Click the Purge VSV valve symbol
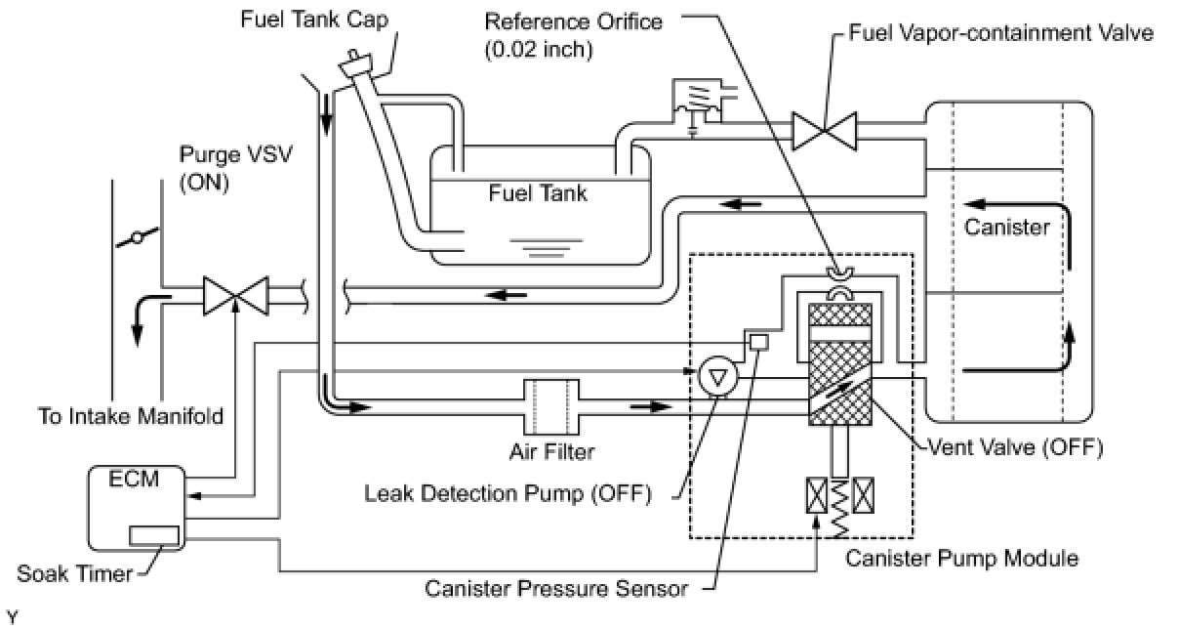(x=236, y=296)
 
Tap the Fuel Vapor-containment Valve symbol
(x=825, y=131)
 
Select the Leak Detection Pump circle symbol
(x=718, y=376)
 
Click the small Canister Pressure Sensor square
(x=758, y=343)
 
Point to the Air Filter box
(x=551, y=406)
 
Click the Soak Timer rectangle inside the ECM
(x=153, y=536)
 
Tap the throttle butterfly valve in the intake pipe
(x=137, y=238)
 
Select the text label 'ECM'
(x=134, y=480)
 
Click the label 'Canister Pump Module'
(x=961, y=559)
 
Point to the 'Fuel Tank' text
(x=538, y=192)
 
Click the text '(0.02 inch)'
(x=539, y=50)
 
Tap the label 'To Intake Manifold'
(x=131, y=416)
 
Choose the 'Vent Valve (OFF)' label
(x=1015, y=447)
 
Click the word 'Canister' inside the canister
(x=1007, y=227)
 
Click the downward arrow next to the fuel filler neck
(x=326, y=115)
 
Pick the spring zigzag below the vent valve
(x=840, y=508)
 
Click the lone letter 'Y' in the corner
(x=12, y=617)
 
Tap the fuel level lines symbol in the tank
(x=546, y=248)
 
